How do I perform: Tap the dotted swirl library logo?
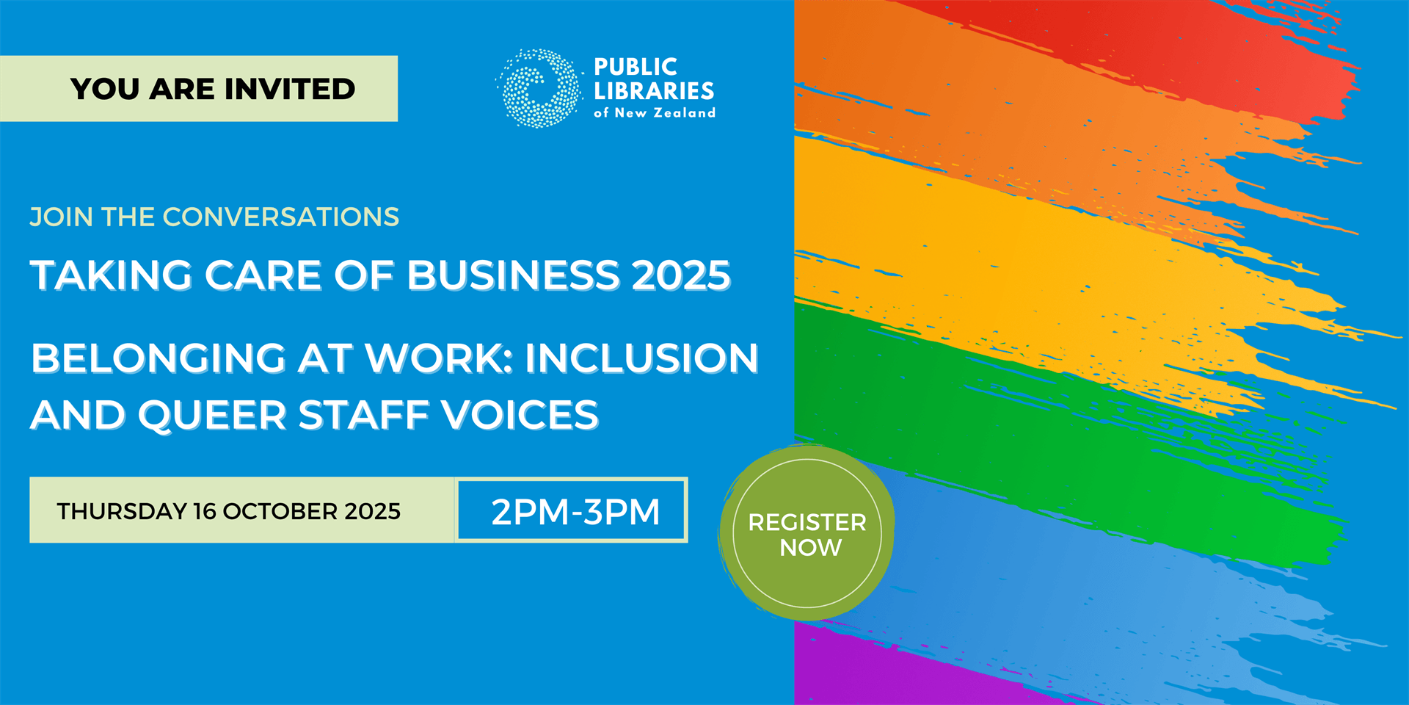click(539, 88)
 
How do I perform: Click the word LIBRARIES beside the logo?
click(654, 91)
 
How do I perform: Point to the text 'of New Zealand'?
click(654, 113)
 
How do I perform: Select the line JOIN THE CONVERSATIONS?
click(214, 217)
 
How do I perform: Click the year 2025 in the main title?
click(681, 275)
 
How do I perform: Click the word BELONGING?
click(158, 358)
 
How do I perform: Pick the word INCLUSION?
click(641, 358)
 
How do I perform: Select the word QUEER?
click(212, 415)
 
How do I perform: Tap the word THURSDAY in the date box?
click(122, 511)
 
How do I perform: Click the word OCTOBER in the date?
click(280, 511)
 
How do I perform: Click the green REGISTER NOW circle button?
click(807, 534)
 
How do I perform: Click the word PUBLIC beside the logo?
click(636, 67)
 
